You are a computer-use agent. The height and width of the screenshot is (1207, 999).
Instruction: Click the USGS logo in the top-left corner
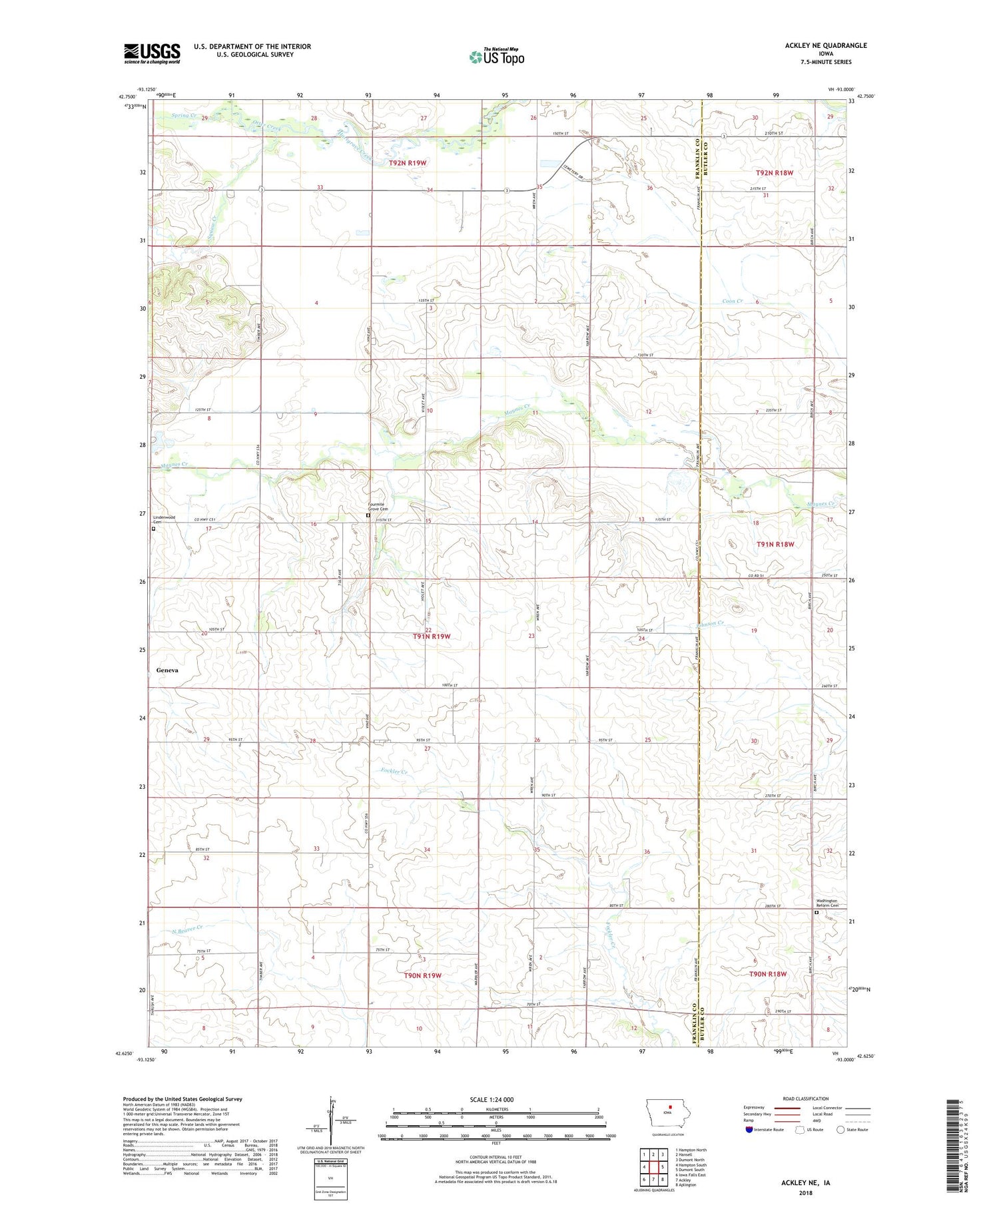(x=152, y=53)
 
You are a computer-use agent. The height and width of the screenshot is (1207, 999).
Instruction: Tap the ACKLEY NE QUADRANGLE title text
(x=825, y=45)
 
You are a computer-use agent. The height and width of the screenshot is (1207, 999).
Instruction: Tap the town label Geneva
(x=167, y=670)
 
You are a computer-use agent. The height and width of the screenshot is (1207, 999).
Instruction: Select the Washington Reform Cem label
(x=825, y=903)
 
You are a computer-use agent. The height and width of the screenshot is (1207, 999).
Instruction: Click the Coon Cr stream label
(x=732, y=301)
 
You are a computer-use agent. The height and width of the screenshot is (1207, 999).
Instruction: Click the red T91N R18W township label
(x=775, y=544)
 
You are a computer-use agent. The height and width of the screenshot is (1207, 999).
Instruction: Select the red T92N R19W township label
(x=407, y=162)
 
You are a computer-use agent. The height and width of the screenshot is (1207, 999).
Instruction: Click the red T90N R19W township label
(x=423, y=975)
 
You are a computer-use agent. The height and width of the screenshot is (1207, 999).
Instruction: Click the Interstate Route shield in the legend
(x=749, y=1130)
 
